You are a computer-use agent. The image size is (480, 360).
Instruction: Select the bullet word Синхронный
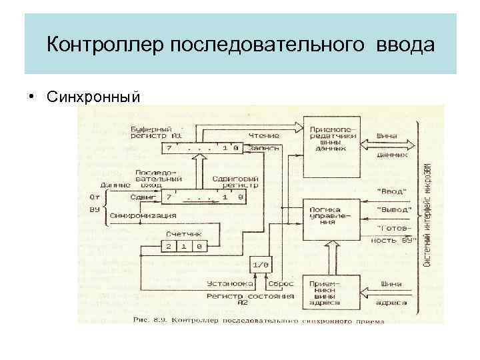[x=94, y=98]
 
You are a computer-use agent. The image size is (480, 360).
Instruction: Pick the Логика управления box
[x=331, y=216]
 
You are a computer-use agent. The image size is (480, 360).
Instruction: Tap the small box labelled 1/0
[x=261, y=265]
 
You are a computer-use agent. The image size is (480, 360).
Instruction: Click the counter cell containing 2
[x=168, y=247]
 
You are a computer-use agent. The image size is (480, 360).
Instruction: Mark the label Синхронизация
[x=143, y=215]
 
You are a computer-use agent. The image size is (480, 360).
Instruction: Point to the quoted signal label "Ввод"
[x=391, y=191]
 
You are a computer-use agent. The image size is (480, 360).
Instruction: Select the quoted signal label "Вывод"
[x=393, y=210]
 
